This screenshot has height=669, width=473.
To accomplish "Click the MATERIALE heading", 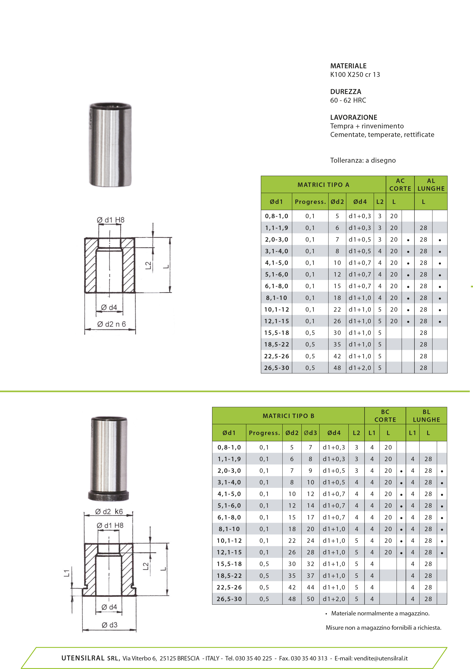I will tap(348, 66).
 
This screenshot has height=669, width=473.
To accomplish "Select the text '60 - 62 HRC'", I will tap(348, 100).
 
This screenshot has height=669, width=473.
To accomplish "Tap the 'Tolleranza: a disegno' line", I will tap(363, 160).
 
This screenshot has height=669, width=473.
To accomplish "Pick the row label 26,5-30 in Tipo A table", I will tap(277, 368).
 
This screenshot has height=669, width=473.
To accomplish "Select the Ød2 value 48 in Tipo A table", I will tap(337, 368).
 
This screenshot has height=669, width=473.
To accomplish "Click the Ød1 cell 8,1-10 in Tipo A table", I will tap(277, 298).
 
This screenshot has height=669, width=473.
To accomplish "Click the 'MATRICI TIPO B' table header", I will tap(288, 416).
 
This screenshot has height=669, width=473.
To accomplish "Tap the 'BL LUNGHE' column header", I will tap(426, 416).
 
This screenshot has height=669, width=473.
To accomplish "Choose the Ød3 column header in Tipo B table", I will tap(310, 433).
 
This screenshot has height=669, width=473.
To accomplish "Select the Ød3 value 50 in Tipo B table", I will tap(310, 599).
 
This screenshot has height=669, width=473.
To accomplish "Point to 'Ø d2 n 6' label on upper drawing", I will tap(111, 324).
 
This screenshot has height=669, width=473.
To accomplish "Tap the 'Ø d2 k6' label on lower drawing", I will tap(109, 511).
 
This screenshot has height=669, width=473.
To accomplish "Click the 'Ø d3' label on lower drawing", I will tap(110, 625).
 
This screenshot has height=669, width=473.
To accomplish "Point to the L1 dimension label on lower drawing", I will tap(67, 573).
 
